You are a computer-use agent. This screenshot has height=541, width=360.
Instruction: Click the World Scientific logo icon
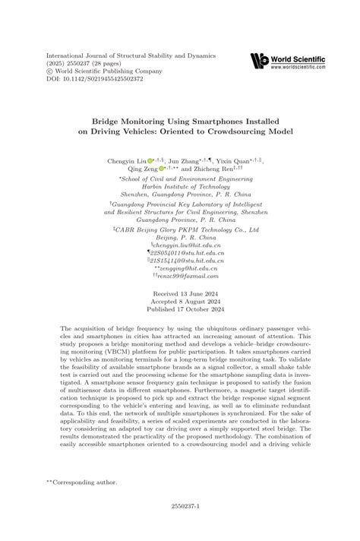[259, 60]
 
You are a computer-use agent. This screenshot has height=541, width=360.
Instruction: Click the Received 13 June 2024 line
[180, 293]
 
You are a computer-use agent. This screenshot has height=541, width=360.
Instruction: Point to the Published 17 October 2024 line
[180, 309]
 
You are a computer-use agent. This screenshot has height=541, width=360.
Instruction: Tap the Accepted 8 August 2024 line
[180, 302]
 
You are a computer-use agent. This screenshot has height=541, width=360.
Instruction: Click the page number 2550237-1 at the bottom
[180, 523]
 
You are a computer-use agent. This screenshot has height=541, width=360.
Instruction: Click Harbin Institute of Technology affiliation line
[180, 188]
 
